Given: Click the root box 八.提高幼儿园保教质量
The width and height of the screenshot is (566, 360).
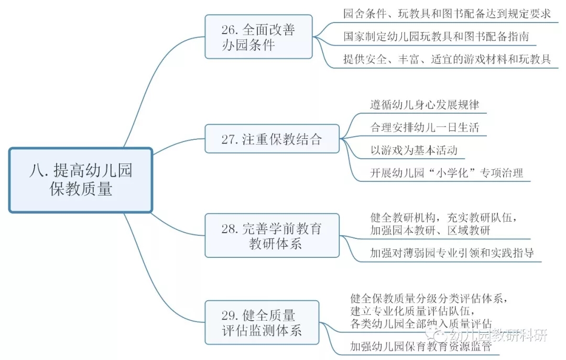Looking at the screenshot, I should point(81,180).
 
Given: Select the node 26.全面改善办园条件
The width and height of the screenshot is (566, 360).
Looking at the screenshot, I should point(258,37).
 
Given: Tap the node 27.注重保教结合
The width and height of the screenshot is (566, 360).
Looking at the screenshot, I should point(271,139).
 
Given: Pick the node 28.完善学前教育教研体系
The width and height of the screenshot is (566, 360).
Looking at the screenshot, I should point(271,236).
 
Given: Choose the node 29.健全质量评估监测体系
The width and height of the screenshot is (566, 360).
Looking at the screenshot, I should point(261,322).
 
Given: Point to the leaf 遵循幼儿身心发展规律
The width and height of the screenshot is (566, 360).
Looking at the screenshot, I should point(424,104).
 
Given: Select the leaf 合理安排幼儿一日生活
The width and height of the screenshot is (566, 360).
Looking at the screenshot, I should point(424,127).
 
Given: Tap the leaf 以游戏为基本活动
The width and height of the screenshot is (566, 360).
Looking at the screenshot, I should point(414,150).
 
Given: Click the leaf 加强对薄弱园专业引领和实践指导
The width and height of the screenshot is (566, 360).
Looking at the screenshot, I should point(452,253).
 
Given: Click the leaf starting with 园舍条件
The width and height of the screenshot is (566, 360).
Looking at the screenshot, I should point(447,14).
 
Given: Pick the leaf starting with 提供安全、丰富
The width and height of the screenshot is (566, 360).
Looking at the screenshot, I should point(447,59).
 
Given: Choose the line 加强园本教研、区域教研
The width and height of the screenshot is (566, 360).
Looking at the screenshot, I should point(430,231).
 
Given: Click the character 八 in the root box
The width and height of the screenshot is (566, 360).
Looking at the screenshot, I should point(36,171).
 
